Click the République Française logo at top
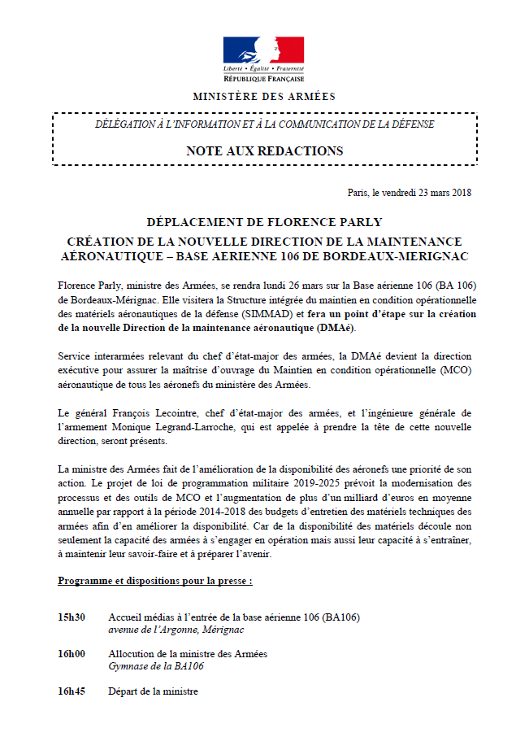click(263, 59)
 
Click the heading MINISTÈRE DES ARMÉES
click(263, 97)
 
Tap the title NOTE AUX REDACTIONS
click(264, 150)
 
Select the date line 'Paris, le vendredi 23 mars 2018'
click(409, 193)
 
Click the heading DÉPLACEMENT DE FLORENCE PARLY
click(263, 222)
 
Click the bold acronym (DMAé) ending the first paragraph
click(334, 327)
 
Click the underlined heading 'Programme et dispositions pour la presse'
click(155, 582)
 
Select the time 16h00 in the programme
click(72, 654)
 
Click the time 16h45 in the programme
click(72, 691)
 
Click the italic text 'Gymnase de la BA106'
click(155, 666)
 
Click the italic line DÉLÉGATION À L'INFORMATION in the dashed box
click(264, 124)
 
